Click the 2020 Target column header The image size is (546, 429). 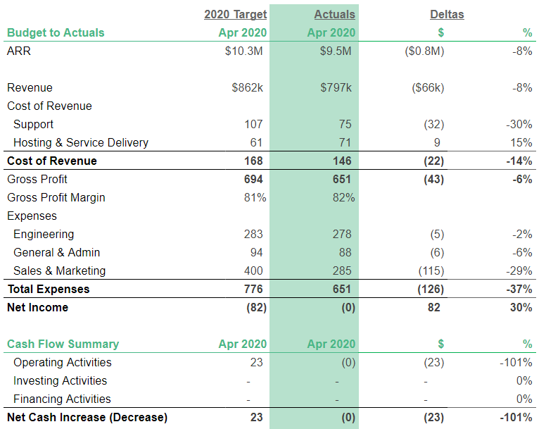click(235, 14)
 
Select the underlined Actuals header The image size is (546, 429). click(334, 14)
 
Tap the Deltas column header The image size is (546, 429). click(447, 14)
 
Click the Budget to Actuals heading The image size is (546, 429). click(56, 32)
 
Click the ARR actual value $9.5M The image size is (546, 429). click(337, 51)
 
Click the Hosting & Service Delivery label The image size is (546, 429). click(81, 142)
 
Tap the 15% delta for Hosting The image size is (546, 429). click(521, 142)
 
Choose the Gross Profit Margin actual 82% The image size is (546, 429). click(343, 197)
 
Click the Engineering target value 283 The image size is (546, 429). click(253, 234)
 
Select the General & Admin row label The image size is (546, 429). click(56, 252)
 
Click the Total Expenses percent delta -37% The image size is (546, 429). click(519, 289)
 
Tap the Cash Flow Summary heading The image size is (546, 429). click(63, 344)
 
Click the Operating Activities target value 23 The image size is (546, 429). click(256, 362)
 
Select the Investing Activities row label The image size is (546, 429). click(60, 380)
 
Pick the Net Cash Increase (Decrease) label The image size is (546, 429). click(87, 417)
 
